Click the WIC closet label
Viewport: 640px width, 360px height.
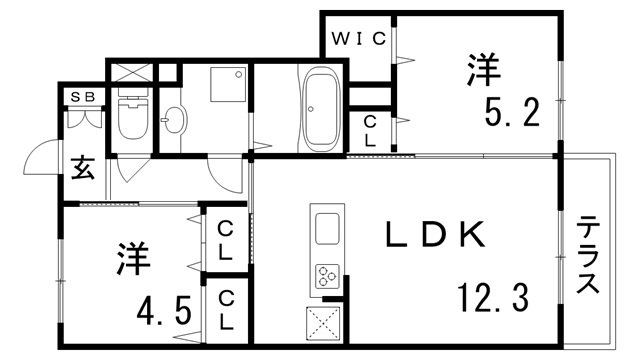point(359,40)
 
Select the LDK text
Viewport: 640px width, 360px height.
point(437,236)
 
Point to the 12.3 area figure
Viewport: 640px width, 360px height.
point(493,297)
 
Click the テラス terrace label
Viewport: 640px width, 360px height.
point(588,255)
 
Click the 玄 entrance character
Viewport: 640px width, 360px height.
point(83,168)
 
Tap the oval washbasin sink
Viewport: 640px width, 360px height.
point(173,122)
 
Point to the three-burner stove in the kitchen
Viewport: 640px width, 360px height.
point(327,275)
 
